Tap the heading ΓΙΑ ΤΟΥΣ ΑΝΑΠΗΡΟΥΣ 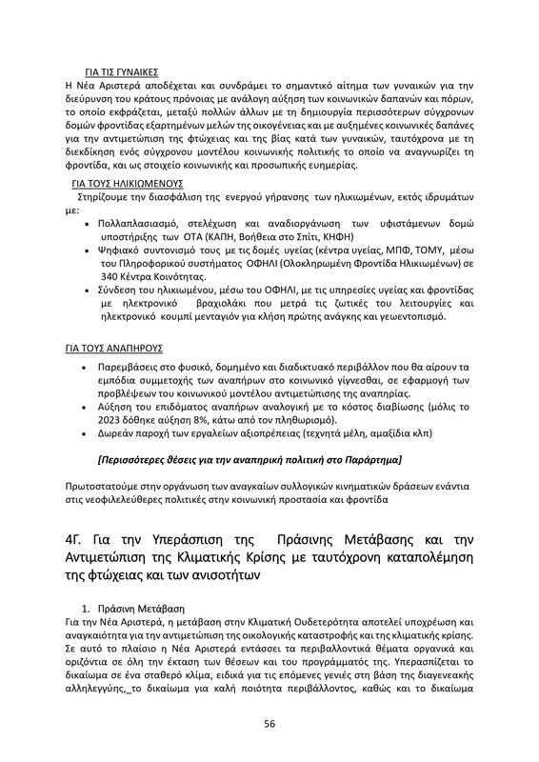click(x=113, y=350)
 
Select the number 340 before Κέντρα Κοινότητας click(x=111, y=277)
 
